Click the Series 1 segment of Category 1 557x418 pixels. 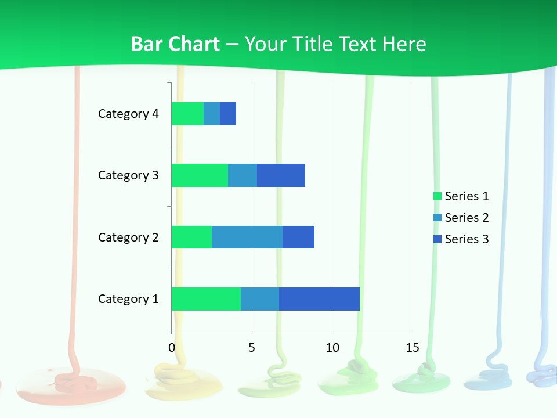point(206,298)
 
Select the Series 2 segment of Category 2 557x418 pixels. point(247,237)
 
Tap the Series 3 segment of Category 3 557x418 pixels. point(281,175)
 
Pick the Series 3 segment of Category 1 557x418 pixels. point(319,298)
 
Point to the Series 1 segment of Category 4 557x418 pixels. point(187,114)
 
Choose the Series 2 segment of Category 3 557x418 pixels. point(243,175)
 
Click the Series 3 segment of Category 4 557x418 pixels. point(228,114)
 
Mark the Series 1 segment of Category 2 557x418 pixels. point(191,237)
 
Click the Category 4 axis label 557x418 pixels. point(128,114)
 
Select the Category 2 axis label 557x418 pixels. point(128,237)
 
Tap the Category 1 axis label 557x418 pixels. point(128,299)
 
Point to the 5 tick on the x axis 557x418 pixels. point(252,348)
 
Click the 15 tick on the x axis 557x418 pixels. point(413,348)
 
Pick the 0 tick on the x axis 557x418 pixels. point(172,348)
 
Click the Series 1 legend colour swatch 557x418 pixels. point(437,196)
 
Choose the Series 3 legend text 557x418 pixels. point(466,239)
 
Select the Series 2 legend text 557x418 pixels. point(466,218)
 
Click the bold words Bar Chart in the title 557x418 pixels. point(175,44)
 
